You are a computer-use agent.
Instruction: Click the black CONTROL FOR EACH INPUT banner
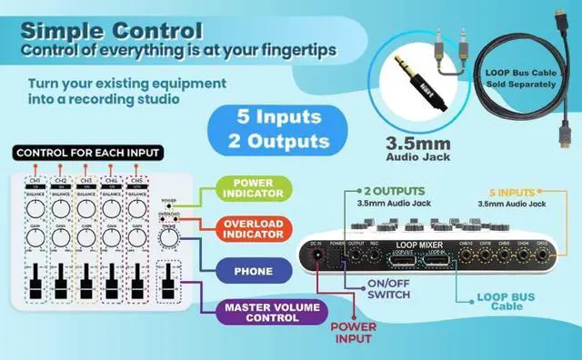[x=88, y=152]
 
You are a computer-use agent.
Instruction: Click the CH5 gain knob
[x=139, y=237]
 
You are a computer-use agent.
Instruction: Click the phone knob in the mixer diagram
[x=167, y=237]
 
